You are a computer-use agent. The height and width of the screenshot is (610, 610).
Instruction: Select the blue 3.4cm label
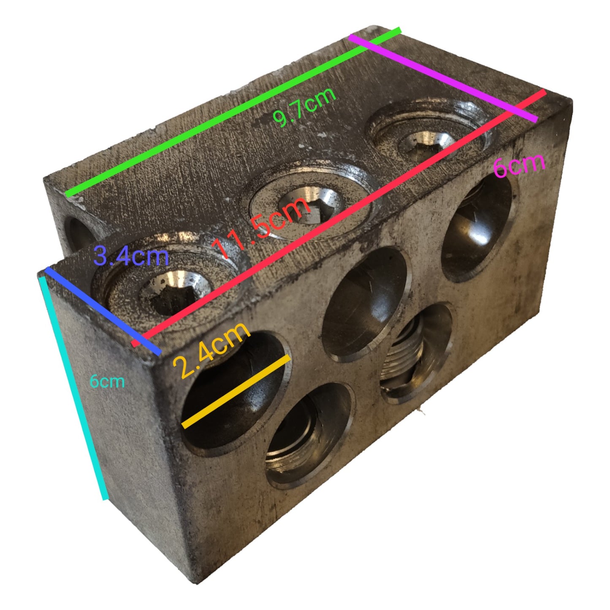pos(131,257)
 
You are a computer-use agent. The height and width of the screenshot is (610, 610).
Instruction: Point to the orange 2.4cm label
pos(211,350)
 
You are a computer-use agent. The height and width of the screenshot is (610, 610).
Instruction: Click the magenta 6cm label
pos(520,165)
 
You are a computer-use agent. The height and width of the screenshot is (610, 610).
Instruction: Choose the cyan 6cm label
pos(107,381)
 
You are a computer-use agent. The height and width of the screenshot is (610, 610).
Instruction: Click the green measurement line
pos(233,112)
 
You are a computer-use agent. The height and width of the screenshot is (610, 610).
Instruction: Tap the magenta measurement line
pos(443,78)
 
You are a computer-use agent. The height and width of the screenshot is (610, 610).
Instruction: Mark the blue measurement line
pos(103,311)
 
